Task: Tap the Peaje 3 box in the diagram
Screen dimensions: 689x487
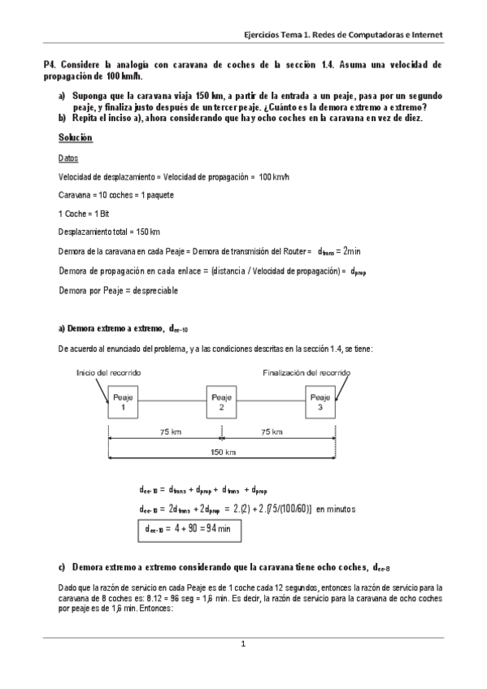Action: [320, 403]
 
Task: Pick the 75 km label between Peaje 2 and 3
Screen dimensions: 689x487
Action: [271, 432]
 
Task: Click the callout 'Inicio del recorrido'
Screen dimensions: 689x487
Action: [108, 372]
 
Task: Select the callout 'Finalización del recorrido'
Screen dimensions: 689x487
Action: [307, 372]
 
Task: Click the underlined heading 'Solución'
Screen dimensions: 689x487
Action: [76, 139]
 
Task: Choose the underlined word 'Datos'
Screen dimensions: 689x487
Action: [71, 158]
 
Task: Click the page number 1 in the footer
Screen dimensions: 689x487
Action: [242, 644]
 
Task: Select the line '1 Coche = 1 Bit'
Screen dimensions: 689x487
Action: [85, 214]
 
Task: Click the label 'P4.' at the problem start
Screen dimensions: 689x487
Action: [50, 63]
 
